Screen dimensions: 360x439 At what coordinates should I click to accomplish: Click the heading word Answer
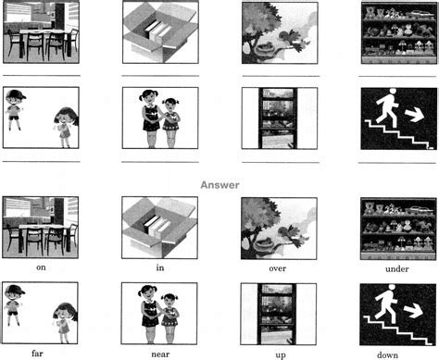pyautogui.click(x=220, y=184)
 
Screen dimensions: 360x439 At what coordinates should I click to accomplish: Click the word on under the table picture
pyautogui.click(x=40, y=267)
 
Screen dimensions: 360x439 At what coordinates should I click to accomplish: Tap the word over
pyautogui.click(x=279, y=268)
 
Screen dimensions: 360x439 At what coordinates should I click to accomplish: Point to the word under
pyautogui.click(x=398, y=268)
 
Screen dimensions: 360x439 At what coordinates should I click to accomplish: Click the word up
pyautogui.click(x=279, y=353)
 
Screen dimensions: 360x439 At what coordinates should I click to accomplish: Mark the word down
pyautogui.click(x=398, y=353)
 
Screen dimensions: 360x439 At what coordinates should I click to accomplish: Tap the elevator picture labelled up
pyautogui.click(x=279, y=311)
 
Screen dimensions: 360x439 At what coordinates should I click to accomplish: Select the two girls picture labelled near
pyautogui.click(x=160, y=311)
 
